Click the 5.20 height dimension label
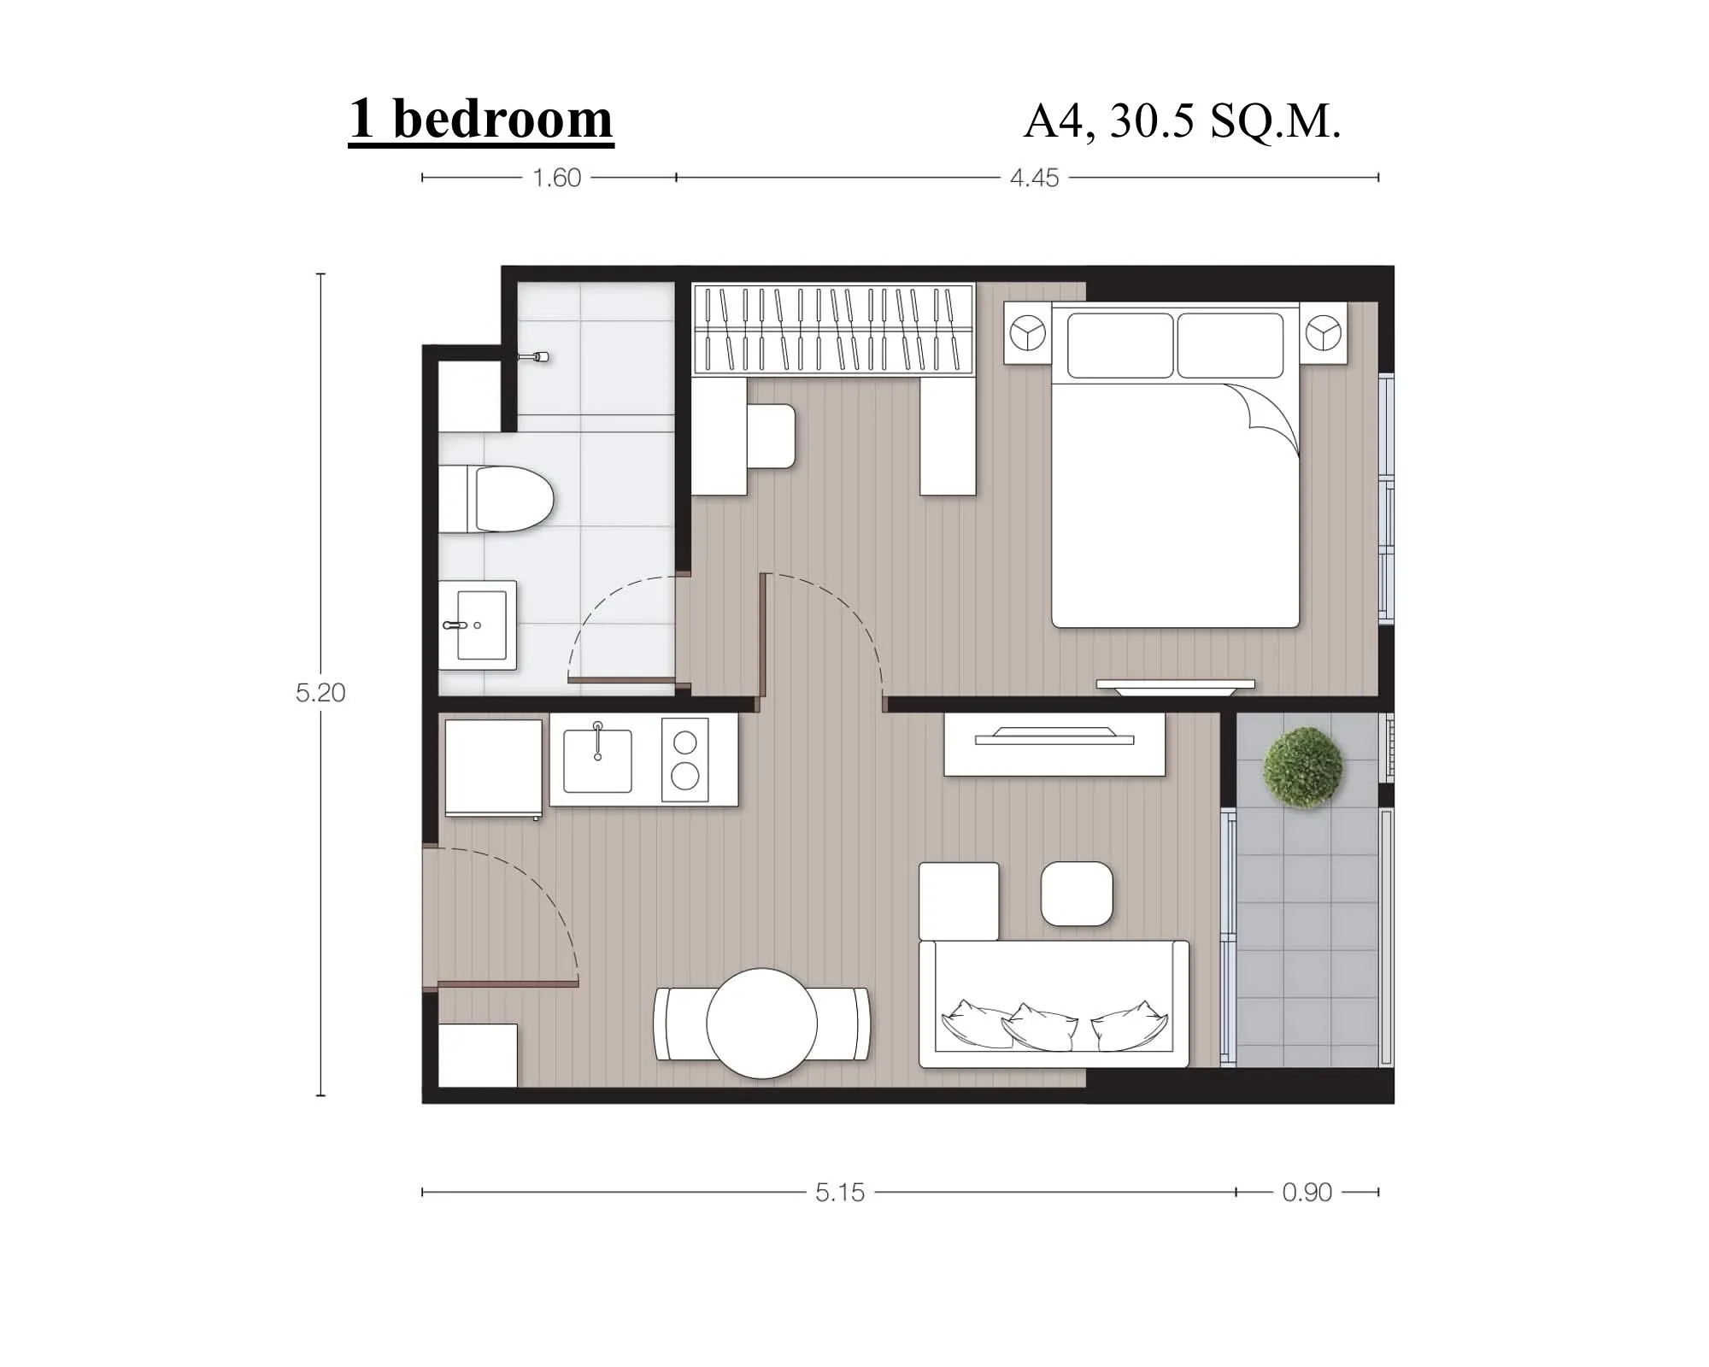click(320, 692)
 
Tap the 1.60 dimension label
click(556, 178)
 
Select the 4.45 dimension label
click(1034, 178)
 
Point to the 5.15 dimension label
click(840, 1192)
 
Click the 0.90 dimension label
click(1307, 1192)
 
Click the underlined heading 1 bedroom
click(481, 120)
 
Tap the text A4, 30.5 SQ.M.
click(1182, 121)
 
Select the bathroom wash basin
click(478, 625)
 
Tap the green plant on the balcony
click(1303, 767)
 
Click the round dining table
click(762, 1023)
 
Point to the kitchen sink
click(597, 760)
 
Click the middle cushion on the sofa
click(1040, 1027)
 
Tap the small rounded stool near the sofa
click(1077, 894)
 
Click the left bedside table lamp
click(1027, 332)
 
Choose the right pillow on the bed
click(1230, 345)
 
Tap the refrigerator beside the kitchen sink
click(493, 768)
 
